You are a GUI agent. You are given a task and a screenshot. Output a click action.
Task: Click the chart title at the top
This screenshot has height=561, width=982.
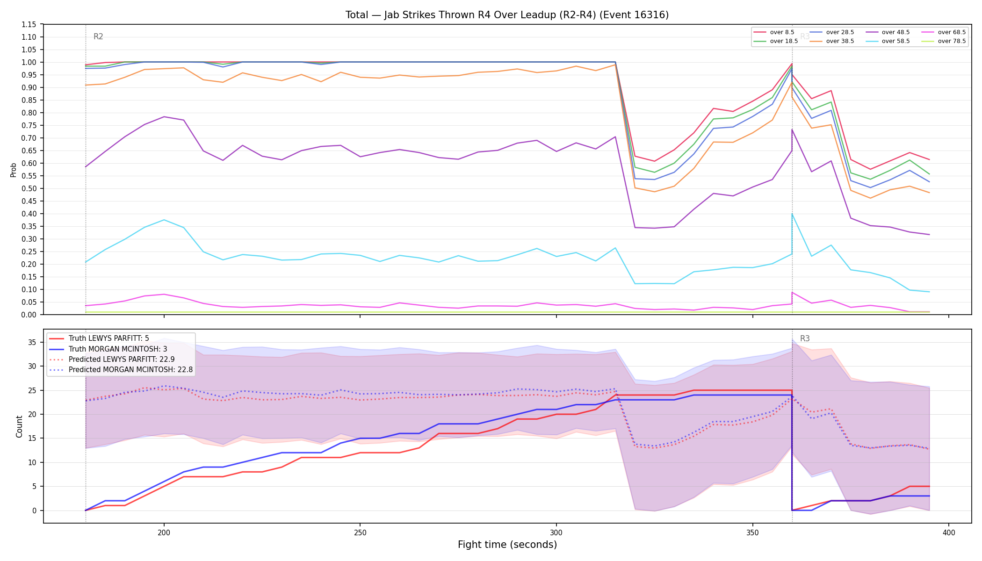click(507, 15)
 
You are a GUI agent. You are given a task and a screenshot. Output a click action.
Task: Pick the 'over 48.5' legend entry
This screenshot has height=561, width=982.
click(888, 32)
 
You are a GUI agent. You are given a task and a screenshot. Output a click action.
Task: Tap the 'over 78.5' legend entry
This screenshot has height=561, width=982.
click(944, 41)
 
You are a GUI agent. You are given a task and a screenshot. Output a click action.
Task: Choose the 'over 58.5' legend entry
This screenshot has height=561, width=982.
click(888, 41)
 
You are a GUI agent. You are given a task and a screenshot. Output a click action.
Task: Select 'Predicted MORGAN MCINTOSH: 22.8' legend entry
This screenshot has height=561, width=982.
click(121, 369)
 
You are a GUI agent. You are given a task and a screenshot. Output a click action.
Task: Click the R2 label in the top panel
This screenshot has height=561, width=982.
click(98, 36)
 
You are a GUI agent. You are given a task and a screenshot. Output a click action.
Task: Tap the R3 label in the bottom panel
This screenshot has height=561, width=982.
click(805, 338)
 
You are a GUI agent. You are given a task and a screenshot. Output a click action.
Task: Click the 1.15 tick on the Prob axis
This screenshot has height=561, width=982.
click(29, 24)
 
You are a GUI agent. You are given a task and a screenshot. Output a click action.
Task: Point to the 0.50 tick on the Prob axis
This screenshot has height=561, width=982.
click(29, 188)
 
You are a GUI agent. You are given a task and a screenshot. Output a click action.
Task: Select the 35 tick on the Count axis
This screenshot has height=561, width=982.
click(32, 342)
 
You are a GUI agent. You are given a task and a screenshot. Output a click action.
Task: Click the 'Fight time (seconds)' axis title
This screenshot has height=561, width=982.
click(507, 545)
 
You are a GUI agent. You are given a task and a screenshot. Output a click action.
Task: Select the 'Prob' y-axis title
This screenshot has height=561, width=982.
click(14, 170)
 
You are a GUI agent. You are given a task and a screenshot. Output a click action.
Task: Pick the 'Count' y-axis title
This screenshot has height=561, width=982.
click(19, 426)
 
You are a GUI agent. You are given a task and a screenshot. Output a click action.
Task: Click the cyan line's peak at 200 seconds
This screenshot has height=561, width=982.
click(164, 220)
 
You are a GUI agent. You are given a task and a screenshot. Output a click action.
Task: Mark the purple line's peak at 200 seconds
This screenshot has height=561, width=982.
click(164, 117)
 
